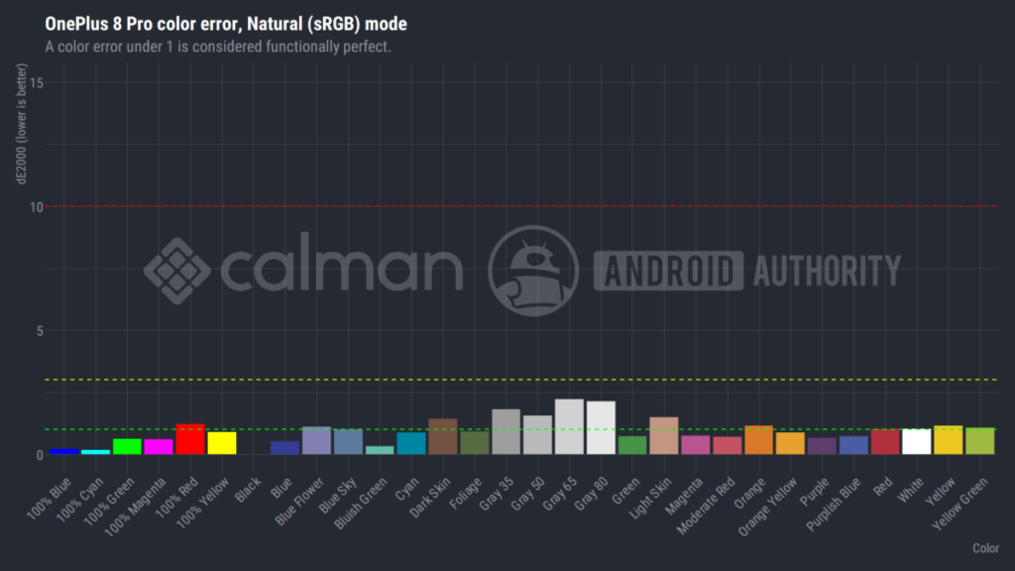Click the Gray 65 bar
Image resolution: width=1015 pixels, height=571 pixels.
569,427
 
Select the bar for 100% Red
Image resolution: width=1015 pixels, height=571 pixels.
189,439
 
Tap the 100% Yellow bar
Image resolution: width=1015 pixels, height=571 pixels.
221,443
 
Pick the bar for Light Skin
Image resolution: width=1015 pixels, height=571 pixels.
663,436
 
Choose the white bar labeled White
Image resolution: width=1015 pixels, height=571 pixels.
916,442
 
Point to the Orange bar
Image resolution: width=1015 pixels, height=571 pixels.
758,440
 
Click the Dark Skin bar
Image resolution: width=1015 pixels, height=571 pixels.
442,437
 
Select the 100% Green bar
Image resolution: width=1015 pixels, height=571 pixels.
127,446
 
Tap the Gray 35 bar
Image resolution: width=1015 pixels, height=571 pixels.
506,432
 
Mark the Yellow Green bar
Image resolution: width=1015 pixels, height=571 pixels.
979,441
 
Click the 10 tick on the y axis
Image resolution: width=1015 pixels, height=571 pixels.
35,207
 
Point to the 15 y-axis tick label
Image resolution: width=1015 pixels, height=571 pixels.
35,83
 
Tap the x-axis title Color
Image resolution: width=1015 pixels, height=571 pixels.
984,548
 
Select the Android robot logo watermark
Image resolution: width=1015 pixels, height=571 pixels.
533,271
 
